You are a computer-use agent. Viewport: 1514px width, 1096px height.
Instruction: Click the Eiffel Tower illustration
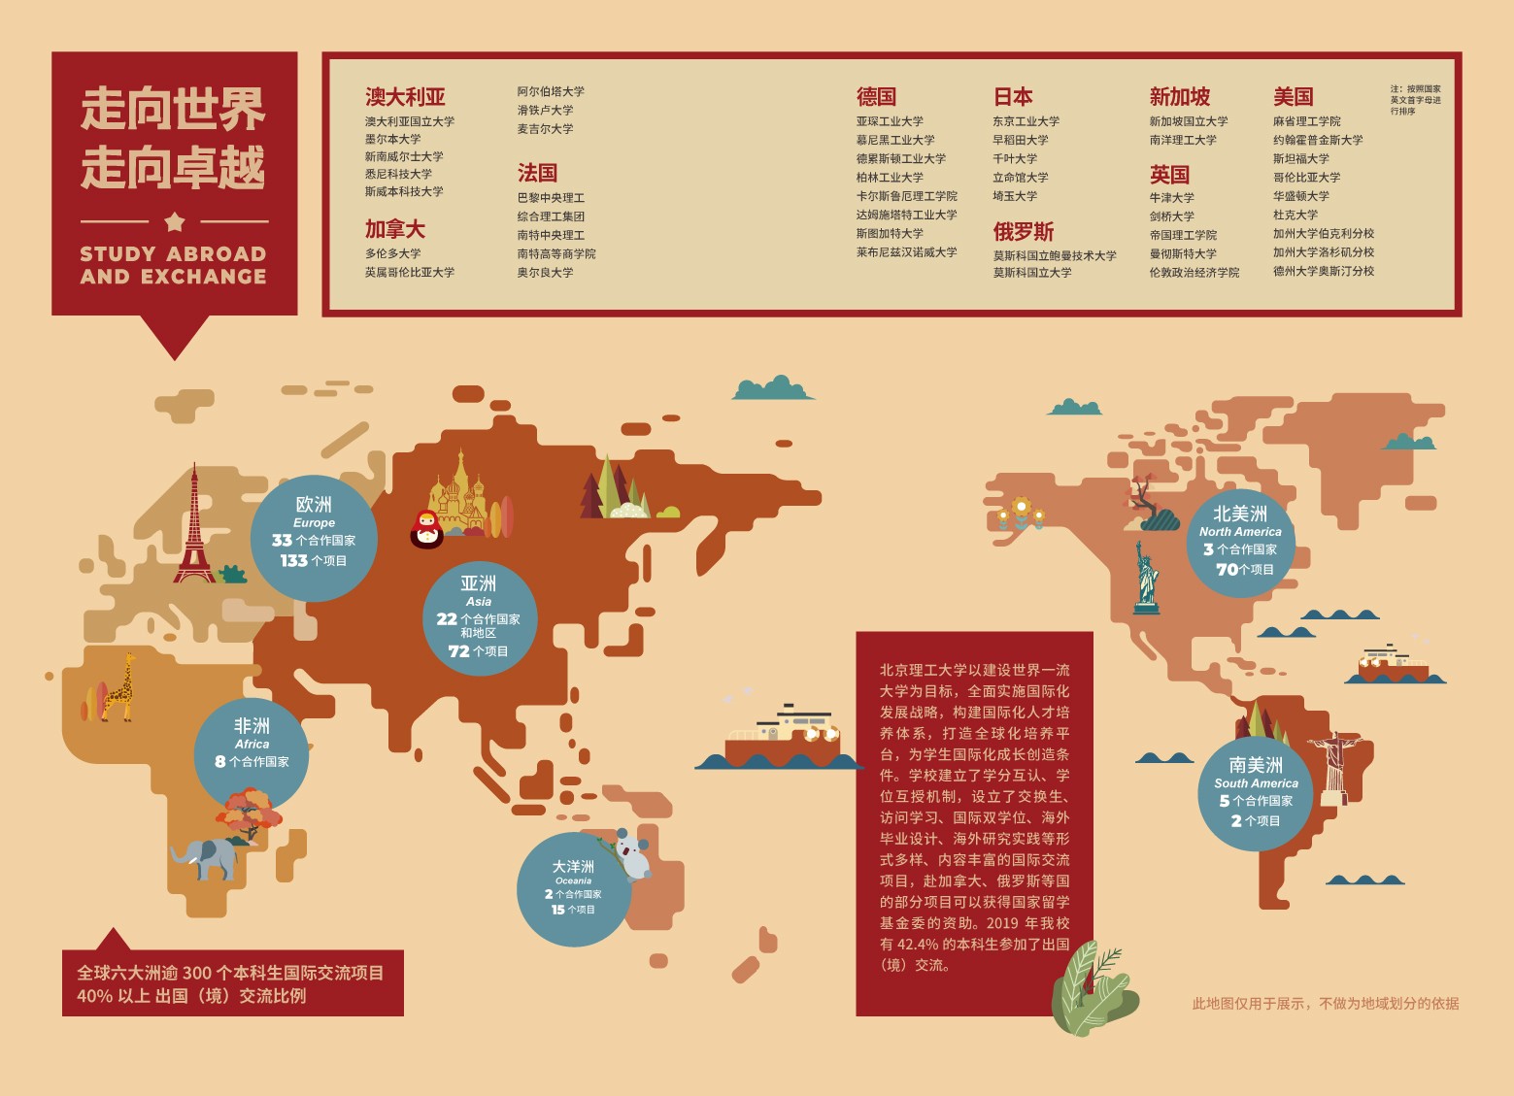[x=194, y=529]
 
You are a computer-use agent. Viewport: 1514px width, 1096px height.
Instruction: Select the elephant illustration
[x=207, y=857]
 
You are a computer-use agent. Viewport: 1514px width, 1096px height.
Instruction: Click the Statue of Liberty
[x=1147, y=577]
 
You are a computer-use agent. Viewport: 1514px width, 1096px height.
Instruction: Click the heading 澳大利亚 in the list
[x=405, y=97]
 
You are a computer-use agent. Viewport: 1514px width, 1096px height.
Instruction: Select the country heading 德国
[x=876, y=97]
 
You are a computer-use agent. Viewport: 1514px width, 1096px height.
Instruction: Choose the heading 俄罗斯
[x=1023, y=232]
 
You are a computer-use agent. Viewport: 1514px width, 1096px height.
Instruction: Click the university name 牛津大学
[x=1171, y=198]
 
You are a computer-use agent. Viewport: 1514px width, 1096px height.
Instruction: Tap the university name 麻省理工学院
[x=1306, y=121]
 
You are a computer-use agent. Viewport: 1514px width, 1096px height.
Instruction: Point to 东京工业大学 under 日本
[x=1026, y=121]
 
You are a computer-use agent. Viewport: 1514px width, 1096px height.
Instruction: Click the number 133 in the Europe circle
[x=293, y=560]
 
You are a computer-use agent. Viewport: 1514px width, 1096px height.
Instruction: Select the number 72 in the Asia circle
[x=459, y=651]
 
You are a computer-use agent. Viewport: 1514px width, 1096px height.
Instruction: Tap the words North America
[x=1240, y=532]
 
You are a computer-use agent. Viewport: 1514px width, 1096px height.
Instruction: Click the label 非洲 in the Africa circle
[x=252, y=726]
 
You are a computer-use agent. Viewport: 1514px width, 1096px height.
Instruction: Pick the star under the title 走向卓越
[x=175, y=222]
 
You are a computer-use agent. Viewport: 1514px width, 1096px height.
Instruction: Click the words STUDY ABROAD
[x=173, y=254]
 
